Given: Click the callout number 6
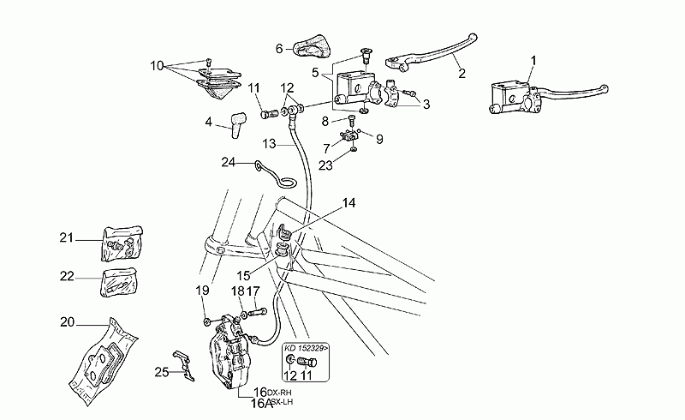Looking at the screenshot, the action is click(x=280, y=48).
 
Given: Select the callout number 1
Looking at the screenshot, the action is click(x=533, y=60).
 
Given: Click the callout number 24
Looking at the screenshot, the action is click(x=229, y=162).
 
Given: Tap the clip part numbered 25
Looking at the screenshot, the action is click(x=184, y=365).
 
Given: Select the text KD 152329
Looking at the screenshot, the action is click(x=304, y=349).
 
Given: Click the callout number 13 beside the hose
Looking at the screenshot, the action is click(x=270, y=143).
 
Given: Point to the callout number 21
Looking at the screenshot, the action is click(x=67, y=238).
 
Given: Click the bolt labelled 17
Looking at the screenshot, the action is click(x=258, y=313).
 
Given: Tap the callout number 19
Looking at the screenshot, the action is click(x=202, y=291).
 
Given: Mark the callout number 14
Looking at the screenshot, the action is click(x=348, y=203).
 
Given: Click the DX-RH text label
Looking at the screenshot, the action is click(x=279, y=393).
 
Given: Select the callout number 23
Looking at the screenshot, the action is click(x=326, y=165).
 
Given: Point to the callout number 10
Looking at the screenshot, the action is click(x=157, y=66).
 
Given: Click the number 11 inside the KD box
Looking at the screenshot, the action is click(x=307, y=375).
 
